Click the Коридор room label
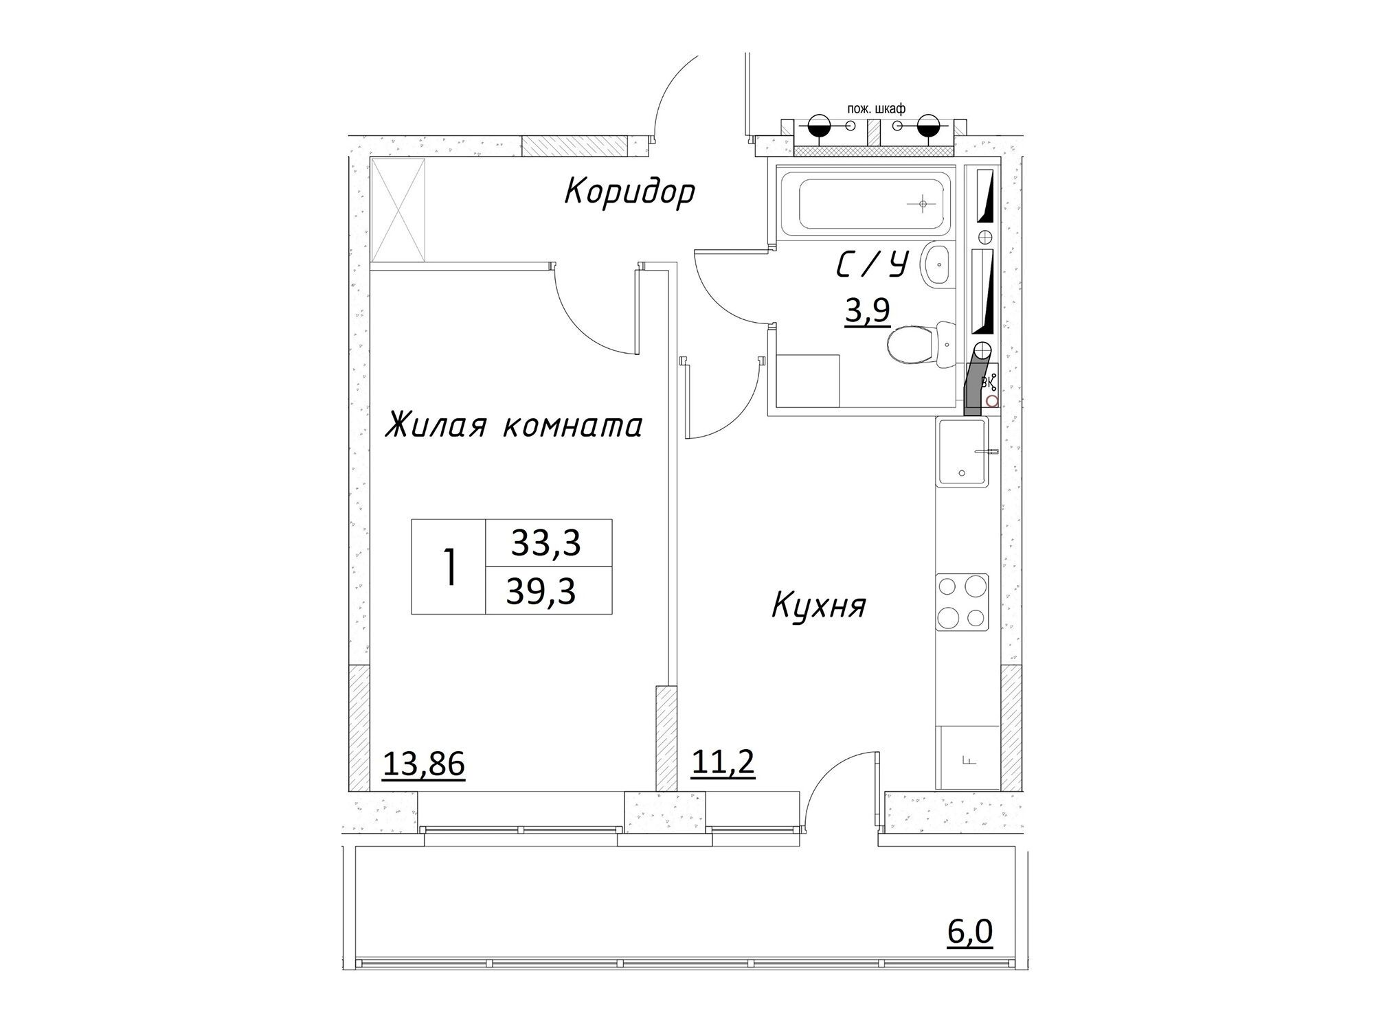[x=629, y=193]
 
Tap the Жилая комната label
[x=514, y=425]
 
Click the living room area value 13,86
[x=423, y=764]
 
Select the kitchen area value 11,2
[x=723, y=762]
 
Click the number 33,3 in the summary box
[x=546, y=542]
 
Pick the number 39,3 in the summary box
[x=541, y=590]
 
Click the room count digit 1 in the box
[x=450, y=567]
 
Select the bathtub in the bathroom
[x=866, y=203]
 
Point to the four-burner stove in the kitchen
[x=962, y=602]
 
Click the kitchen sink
[x=962, y=453]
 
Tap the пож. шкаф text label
[x=877, y=108]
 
